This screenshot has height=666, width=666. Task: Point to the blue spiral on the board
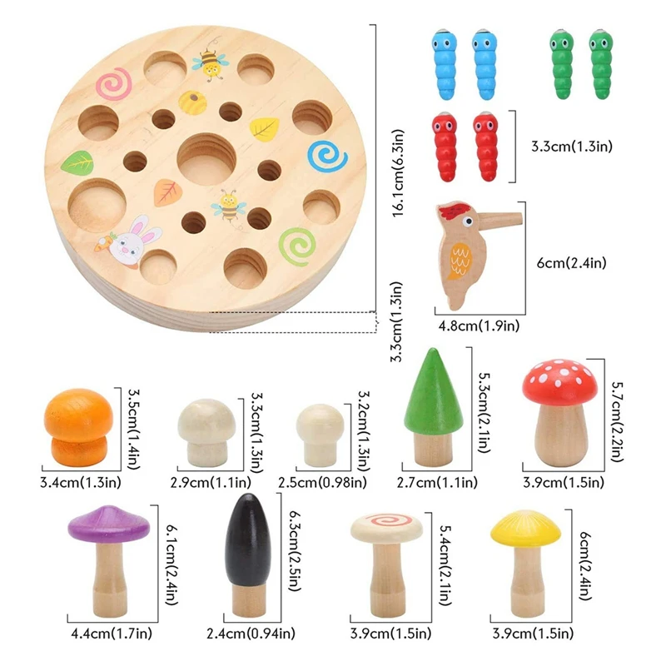pyautogui.click(x=327, y=156)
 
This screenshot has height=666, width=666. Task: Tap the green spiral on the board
pyautogui.click(x=296, y=244)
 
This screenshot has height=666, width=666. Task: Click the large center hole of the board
pyautogui.click(x=206, y=158)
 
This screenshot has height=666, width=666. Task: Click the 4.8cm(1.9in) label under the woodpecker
pyautogui.click(x=479, y=325)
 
